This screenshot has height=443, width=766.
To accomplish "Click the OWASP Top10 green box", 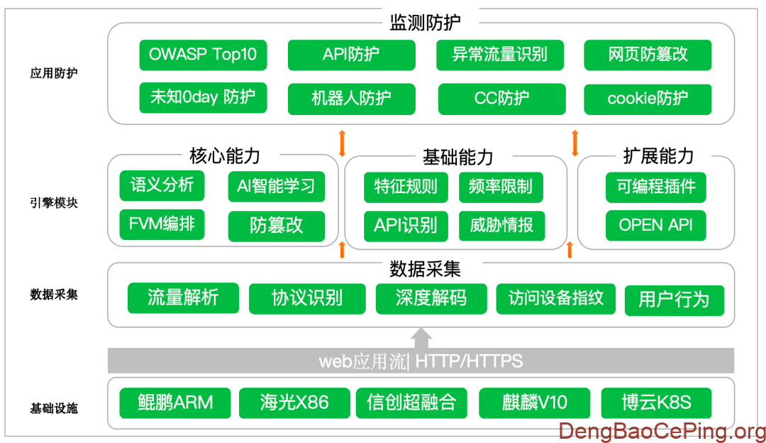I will [203, 55].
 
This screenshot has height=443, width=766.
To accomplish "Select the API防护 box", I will [351, 55].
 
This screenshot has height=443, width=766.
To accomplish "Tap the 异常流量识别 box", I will [499, 55].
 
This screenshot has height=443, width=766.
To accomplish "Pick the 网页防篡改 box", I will [648, 55].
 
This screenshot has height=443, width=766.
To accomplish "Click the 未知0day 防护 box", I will [203, 98].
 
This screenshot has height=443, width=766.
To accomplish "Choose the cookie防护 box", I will [648, 99].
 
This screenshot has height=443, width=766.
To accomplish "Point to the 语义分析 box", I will [162, 186].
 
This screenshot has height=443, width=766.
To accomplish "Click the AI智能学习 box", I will [276, 187].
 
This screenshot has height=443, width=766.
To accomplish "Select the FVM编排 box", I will [162, 225].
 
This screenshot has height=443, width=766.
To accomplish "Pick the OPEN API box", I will [656, 225].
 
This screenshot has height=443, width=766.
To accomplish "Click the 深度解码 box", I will [431, 298].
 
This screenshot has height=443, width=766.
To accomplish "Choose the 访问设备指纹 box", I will [555, 298].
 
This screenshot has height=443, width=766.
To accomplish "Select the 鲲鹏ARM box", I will [175, 403].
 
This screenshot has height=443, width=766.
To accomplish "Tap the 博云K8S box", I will [656, 403].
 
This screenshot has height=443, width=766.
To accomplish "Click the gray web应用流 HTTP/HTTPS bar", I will [421, 361].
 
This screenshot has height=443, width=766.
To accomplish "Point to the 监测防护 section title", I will [425, 22].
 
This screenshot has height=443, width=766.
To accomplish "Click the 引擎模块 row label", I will [54, 202].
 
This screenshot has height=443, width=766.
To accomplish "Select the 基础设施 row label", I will [54, 408].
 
